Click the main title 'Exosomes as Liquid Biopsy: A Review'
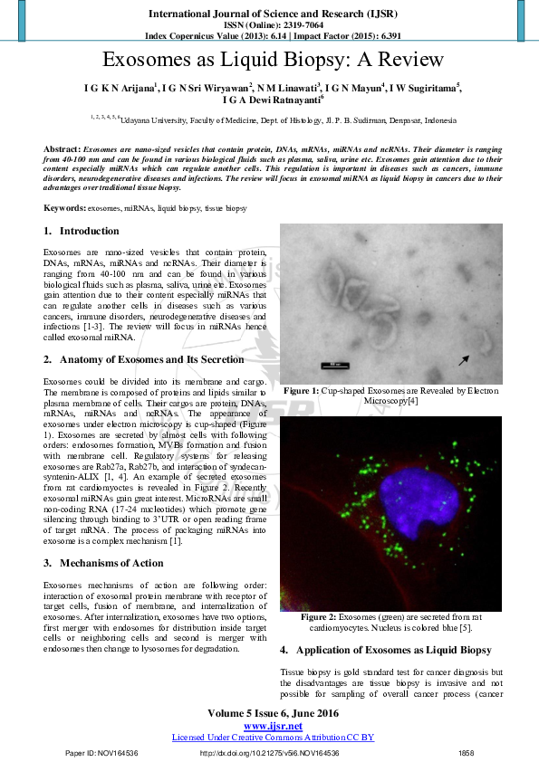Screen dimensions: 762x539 (273, 61)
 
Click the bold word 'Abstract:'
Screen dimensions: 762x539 (62, 148)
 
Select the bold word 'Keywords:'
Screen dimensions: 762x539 (65, 208)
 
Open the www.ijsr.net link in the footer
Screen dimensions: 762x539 (273, 726)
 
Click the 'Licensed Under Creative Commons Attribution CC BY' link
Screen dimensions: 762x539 (273, 738)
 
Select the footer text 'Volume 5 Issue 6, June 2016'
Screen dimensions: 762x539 (273, 713)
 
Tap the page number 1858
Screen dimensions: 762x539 (467, 753)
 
